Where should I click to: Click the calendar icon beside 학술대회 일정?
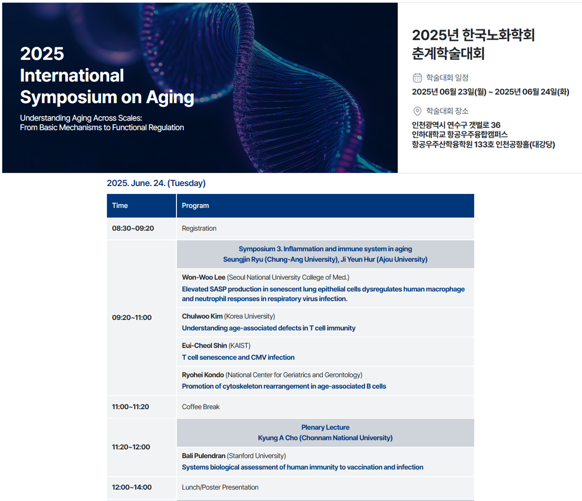point(417,77)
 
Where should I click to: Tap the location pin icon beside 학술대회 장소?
point(417,111)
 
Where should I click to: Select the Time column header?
point(120,205)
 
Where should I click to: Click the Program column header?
point(195,205)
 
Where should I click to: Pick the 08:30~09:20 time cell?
point(133,228)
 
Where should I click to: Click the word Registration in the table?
point(199,228)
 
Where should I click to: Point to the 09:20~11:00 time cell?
point(132,318)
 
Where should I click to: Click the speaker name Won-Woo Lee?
point(204,277)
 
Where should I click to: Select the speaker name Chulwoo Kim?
point(202,316)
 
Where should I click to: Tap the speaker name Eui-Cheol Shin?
point(205,345)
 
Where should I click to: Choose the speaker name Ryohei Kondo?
point(203,375)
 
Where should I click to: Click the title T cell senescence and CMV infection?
point(238,357)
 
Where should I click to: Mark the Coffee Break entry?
point(201,407)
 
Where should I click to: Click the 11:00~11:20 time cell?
point(130,407)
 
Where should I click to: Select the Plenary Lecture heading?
point(325,427)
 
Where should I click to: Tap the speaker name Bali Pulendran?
point(204,455)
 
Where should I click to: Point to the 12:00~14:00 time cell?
point(132,487)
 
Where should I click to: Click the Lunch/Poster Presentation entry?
point(220,487)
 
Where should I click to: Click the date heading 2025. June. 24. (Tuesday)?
point(156,183)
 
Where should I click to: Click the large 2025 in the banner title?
point(42,54)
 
